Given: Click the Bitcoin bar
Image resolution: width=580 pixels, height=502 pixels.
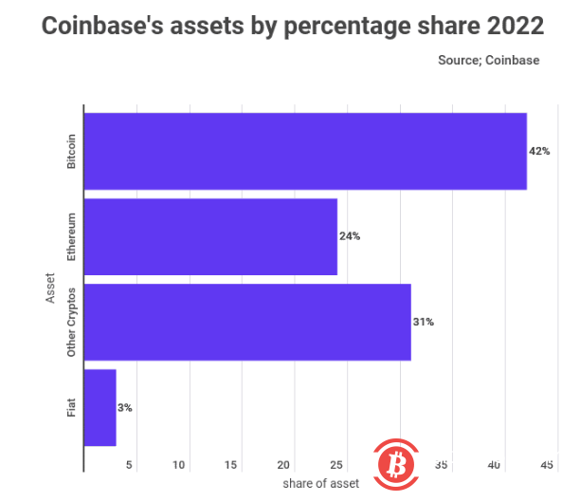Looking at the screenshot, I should tap(305, 151).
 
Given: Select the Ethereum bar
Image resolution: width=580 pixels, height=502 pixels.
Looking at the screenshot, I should tap(210, 236).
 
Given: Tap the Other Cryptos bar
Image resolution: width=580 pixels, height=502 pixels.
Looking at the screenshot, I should tap(247, 322).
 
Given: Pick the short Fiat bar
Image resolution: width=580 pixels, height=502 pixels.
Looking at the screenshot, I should tap(100, 407).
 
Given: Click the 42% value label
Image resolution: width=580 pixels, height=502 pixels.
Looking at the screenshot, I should tap(540, 151).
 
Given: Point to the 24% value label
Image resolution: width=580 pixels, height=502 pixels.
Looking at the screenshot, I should tap(350, 236).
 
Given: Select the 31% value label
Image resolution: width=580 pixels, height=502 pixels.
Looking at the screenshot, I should tap(424, 322).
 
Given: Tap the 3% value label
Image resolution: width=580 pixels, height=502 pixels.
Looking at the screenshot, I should tap(125, 407).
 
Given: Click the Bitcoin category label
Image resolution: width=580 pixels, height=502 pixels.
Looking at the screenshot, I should tap(71, 151).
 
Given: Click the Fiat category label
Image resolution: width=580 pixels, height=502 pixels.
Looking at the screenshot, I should tap(71, 407).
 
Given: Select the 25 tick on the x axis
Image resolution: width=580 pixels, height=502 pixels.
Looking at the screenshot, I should tap(335, 465).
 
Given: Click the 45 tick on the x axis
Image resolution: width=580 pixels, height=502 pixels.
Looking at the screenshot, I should tap(547, 465).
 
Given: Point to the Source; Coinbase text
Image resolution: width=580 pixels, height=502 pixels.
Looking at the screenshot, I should tap(488, 60).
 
